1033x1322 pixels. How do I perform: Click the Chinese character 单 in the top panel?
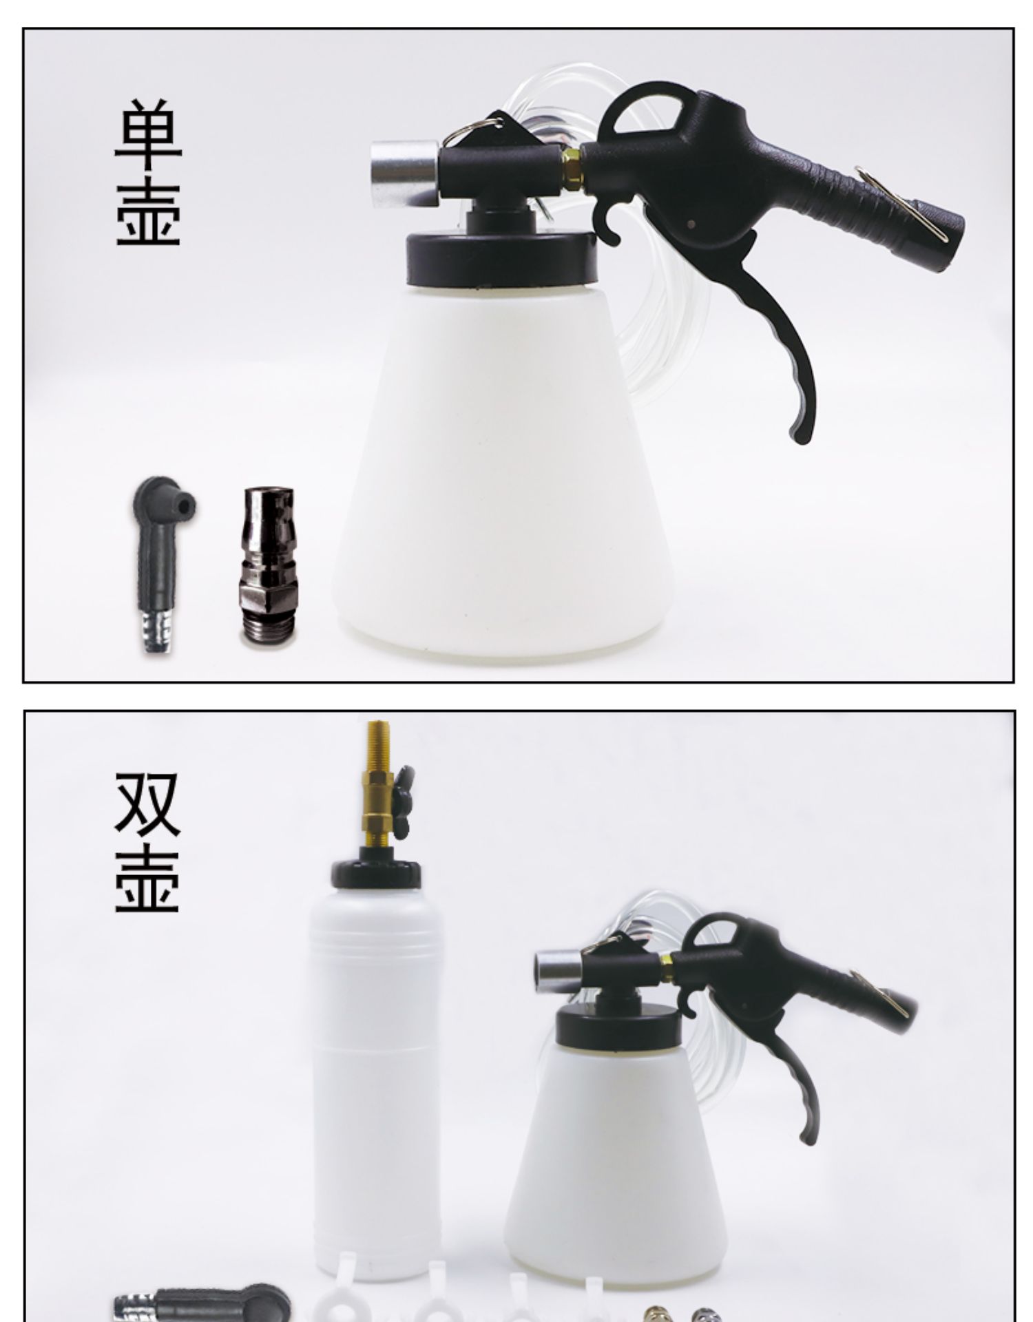pyautogui.click(x=148, y=136)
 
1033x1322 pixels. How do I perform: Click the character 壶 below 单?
pyautogui.click(x=148, y=211)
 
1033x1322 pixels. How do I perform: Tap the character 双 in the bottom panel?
pyautogui.click(x=147, y=804)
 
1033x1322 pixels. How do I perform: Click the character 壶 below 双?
pyautogui.click(x=147, y=879)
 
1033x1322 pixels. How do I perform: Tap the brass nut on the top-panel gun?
pyautogui.click(x=572, y=167)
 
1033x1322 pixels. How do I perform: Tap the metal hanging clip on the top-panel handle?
pyautogui.click(x=901, y=202)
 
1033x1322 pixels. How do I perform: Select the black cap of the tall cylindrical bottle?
pyautogui.click(x=375, y=872)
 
